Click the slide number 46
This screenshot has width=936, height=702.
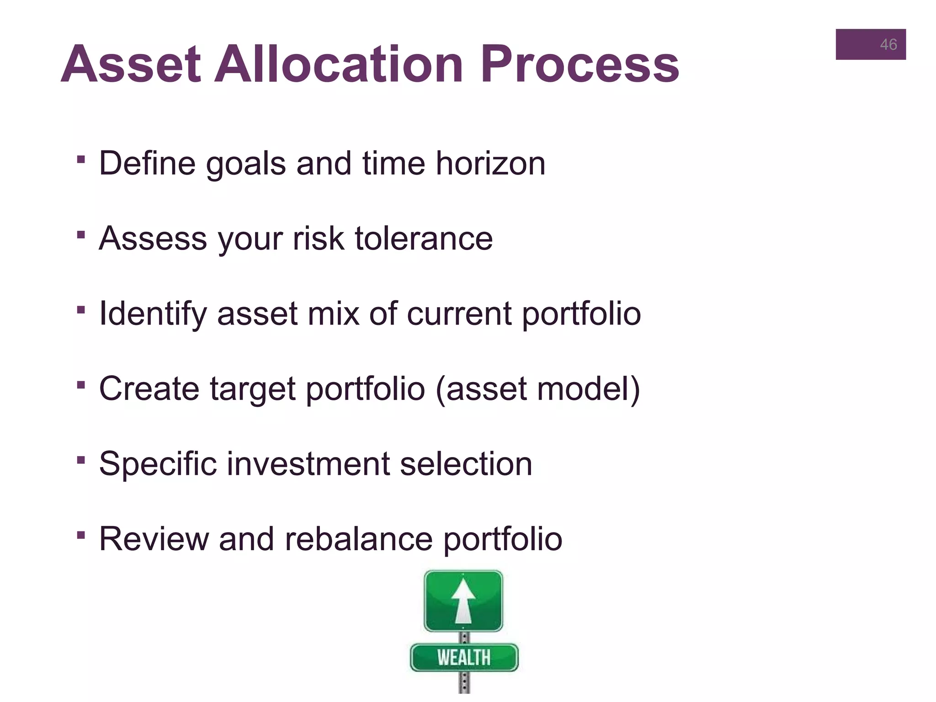pyautogui.click(x=888, y=44)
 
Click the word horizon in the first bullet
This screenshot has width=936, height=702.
pyautogui.click(x=490, y=163)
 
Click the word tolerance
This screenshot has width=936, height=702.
pyautogui.click(x=424, y=238)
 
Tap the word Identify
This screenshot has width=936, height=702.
pyautogui.click(x=153, y=314)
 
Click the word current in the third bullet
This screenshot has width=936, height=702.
pyautogui.click(x=459, y=314)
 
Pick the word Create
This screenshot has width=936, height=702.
pyautogui.click(x=149, y=388)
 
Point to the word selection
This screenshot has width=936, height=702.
pyautogui.click(x=466, y=463)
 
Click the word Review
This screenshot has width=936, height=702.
pyautogui.click(x=154, y=539)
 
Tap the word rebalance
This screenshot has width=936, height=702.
pyautogui.click(x=359, y=539)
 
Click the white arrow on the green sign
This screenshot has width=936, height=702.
pyautogui.click(x=463, y=601)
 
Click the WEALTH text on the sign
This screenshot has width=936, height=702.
pyautogui.click(x=464, y=658)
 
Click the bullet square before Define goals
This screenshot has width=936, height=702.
pyautogui.click(x=81, y=159)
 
